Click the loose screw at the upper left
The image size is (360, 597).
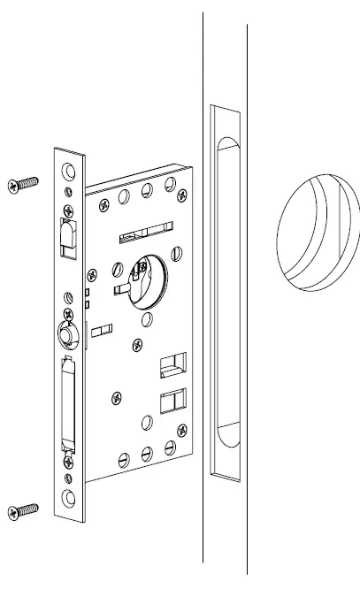pos(24,183)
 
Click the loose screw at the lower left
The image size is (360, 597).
pos(24,509)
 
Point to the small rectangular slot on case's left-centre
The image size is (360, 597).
pos(102,330)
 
